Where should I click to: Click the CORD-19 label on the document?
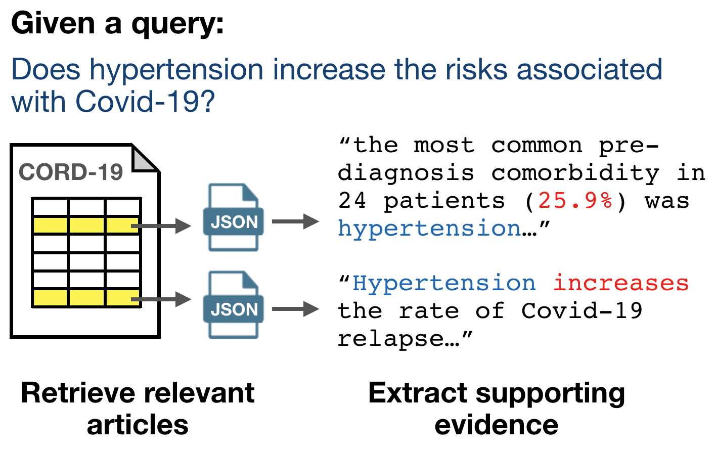(x=71, y=172)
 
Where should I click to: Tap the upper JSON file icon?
(x=233, y=217)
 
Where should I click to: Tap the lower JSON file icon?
(x=233, y=305)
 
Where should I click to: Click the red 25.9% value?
(x=575, y=201)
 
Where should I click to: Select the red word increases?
(x=621, y=283)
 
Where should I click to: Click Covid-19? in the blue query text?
(x=145, y=102)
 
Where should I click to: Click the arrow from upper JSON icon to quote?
(x=295, y=221)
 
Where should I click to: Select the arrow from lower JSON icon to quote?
(x=295, y=309)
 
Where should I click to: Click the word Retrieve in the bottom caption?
(x=78, y=393)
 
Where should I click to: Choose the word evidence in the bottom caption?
(x=497, y=425)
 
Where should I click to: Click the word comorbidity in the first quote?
(x=575, y=174)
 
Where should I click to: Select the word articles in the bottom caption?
(x=138, y=425)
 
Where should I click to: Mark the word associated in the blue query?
(x=590, y=70)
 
